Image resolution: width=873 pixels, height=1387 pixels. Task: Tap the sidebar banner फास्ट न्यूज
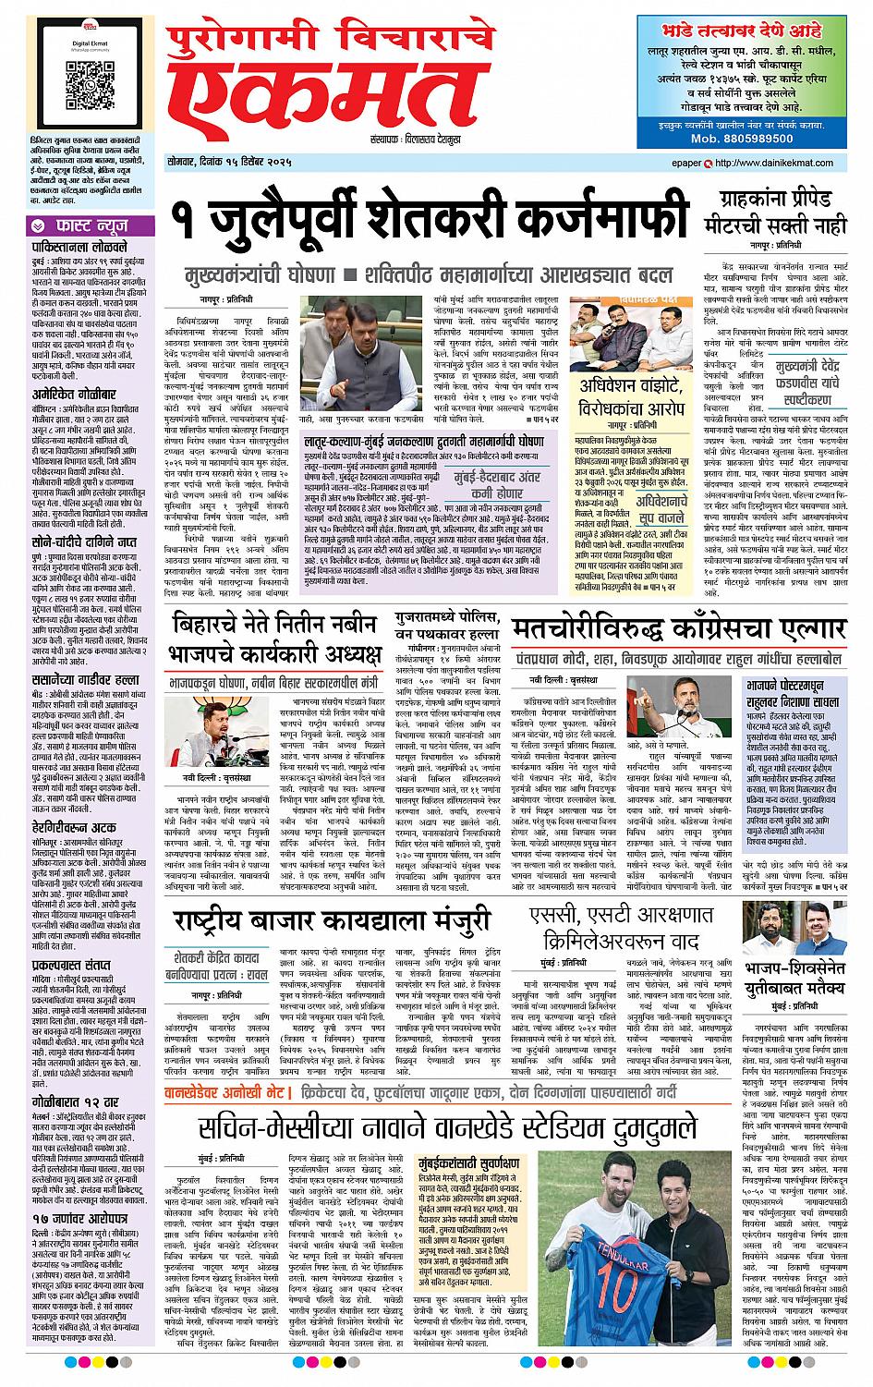89,225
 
